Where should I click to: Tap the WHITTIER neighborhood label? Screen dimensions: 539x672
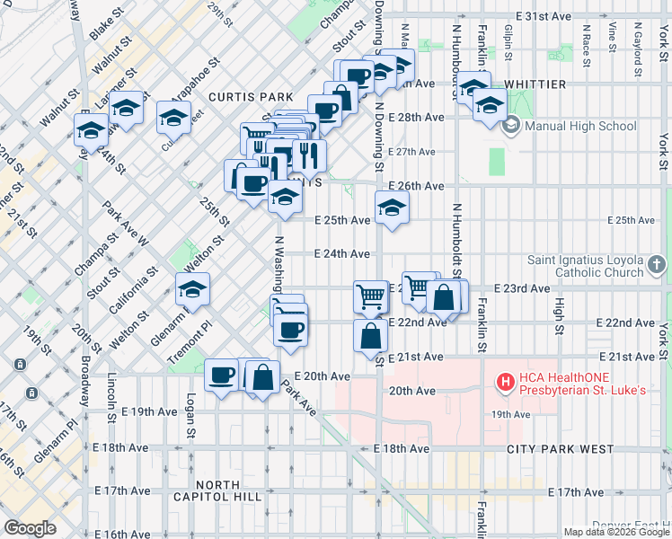(535, 84)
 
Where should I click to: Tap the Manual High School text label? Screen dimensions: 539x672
(579, 126)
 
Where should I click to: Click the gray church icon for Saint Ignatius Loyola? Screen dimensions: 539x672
(658, 265)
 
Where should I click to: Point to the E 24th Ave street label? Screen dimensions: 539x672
(342, 254)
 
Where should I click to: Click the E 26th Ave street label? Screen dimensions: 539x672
(416, 186)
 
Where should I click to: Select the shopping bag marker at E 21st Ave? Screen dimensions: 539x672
(370, 337)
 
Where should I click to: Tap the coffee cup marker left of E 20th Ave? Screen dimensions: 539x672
(221, 376)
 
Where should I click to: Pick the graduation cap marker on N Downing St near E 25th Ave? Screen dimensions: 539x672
(391, 208)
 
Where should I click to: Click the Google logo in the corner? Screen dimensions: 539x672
(30, 528)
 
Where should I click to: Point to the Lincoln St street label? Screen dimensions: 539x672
(112, 396)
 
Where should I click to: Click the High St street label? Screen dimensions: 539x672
(559, 314)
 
